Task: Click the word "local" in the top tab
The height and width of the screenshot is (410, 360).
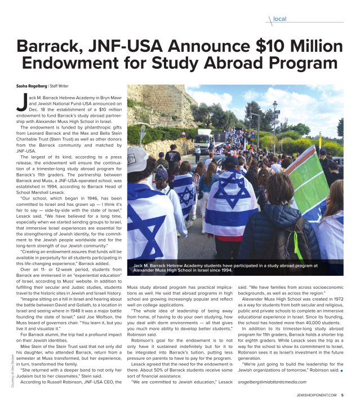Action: click(279, 19)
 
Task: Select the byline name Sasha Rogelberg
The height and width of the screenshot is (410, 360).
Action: click(31, 86)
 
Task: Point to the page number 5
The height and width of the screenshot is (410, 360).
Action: click(343, 402)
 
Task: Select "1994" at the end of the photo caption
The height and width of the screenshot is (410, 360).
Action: click(224, 270)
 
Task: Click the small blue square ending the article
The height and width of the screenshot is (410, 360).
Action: click(341, 371)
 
